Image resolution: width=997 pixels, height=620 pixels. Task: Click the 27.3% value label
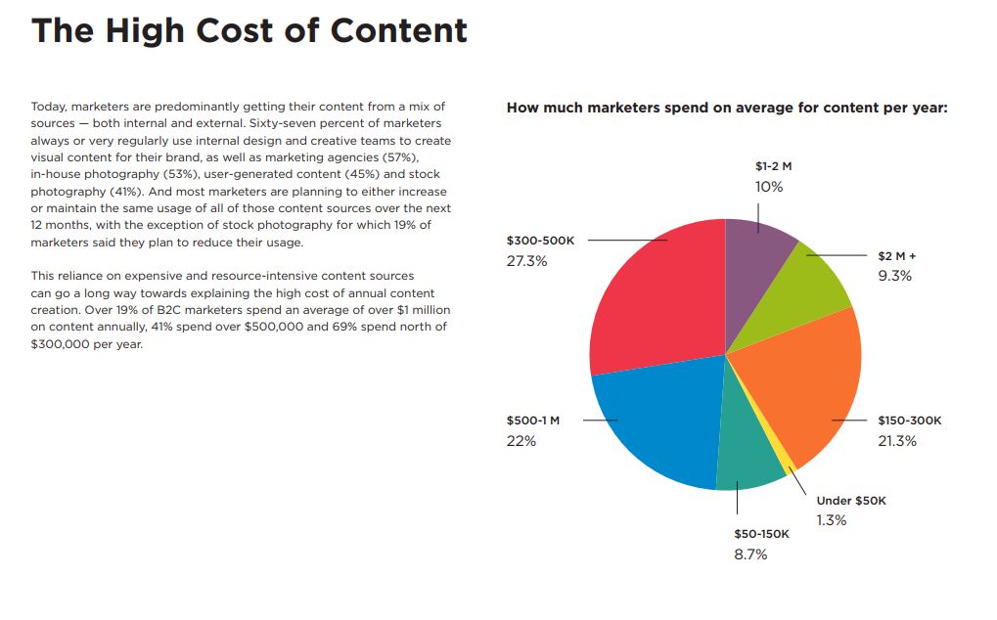526,261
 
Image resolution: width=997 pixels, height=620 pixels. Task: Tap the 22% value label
521,441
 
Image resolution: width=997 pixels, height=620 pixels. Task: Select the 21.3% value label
897,441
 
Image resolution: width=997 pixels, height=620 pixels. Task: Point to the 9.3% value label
894,276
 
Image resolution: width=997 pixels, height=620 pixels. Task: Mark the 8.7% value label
750,554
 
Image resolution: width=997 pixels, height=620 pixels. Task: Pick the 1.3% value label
832,520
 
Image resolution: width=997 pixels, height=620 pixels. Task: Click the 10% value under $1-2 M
769,186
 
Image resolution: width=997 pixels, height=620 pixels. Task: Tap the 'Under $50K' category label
850,501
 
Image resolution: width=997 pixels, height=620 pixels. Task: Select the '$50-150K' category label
761,534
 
